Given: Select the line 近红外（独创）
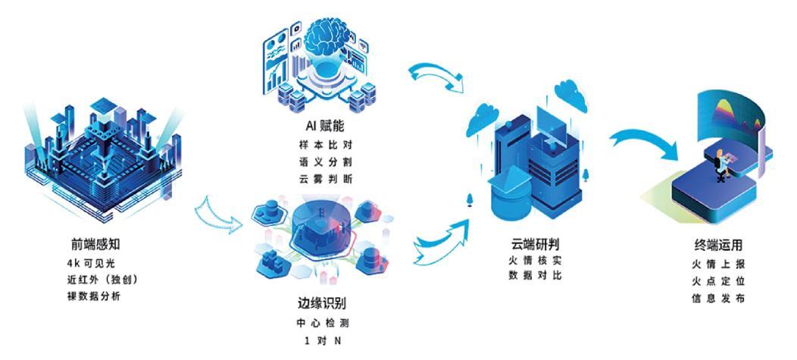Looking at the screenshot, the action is (x=102, y=279).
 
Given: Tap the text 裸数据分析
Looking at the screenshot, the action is (x=93, y=296).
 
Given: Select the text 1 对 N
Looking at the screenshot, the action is (x=322, y=340).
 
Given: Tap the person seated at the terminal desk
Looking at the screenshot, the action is (x=717, y=161).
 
